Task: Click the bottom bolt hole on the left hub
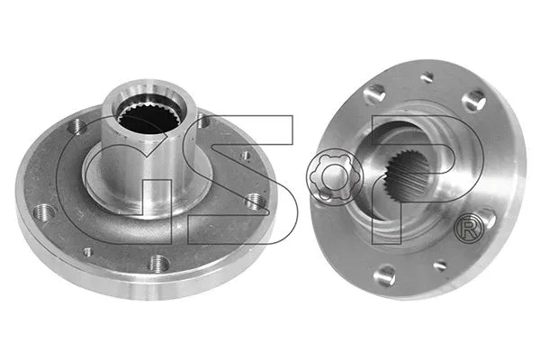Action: coord(159,263)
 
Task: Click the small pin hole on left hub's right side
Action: coord(246,155)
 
